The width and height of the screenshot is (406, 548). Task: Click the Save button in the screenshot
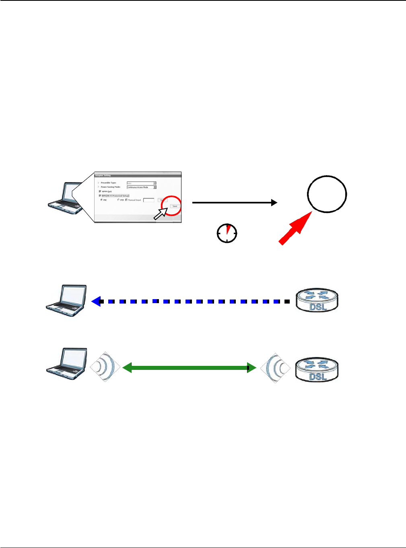point(175,206)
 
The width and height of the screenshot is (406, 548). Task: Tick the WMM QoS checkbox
point(100,191)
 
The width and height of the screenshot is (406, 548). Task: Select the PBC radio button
point(101,200)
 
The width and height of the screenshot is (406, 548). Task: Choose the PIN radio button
point(118,200)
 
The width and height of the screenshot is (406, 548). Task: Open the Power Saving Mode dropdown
point(141,187)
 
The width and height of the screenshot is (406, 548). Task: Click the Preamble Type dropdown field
point(141,183)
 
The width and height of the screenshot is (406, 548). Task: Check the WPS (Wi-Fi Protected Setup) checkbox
point(100,196)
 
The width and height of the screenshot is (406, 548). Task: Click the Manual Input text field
point(148,200)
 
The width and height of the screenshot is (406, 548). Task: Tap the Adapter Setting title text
point(103,175)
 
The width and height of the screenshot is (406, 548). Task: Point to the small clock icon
point(227,233)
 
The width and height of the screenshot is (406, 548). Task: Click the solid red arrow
point(295,228)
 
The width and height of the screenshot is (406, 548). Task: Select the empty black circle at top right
point(327,194)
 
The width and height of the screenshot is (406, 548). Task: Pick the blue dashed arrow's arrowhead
point(96,301)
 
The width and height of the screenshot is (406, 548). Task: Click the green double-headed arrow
point(189,367)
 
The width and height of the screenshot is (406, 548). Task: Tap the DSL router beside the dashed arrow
point(317,301)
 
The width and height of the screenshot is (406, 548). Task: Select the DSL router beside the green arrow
point(317,370)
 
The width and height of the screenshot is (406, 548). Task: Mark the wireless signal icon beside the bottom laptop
point(105,367)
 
